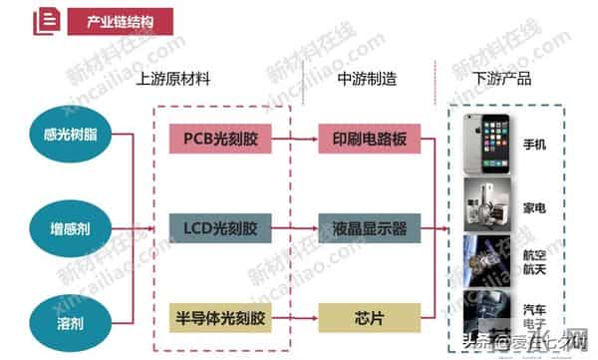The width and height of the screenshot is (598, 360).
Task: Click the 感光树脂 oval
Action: pos(58,136)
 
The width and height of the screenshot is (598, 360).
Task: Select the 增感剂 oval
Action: pos(58,228)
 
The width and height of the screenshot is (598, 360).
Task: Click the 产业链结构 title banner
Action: pos(120,20)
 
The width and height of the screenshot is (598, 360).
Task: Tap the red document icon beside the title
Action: pos(44,21)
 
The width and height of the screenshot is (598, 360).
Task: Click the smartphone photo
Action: pos(491,146)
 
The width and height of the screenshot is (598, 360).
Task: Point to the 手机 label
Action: pos(535,146)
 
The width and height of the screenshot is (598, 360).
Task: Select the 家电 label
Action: pos(535,208)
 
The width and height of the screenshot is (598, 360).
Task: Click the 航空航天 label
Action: pos(535,261)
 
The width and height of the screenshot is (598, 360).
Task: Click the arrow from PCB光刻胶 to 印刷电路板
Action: pos(291,137)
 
